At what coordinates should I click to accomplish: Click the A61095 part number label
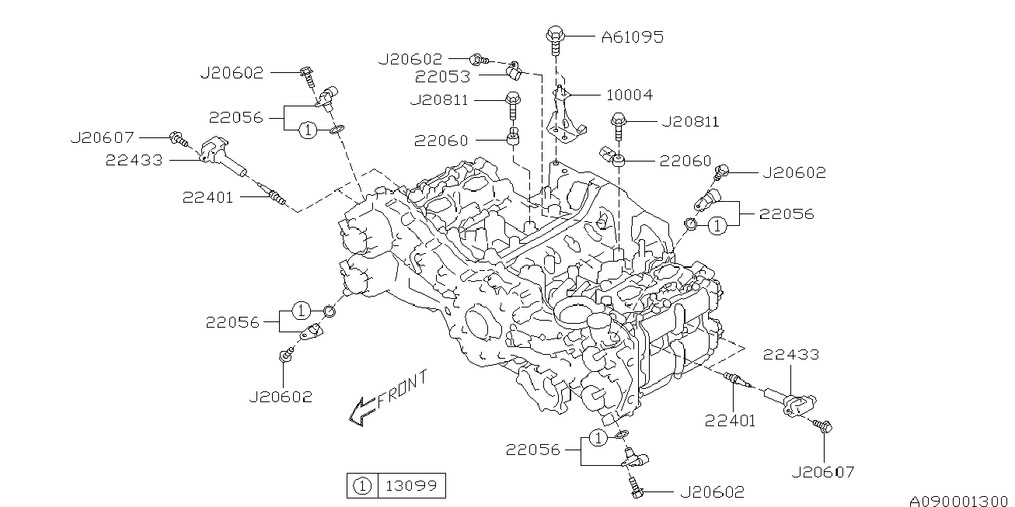click(632, 36)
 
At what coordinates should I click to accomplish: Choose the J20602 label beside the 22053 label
click(410, 59)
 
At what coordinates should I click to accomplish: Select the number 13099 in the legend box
click(412, 487)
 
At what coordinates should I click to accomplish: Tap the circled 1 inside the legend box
click(362, 487)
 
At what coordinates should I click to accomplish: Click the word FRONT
click(402, 389)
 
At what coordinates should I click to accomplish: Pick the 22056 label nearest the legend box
click(533, 450)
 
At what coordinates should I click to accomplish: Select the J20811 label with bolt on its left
click(689, 121)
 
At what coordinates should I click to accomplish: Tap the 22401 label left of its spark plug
click(208, 197)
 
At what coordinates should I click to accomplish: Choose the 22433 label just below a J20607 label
click(135, 161)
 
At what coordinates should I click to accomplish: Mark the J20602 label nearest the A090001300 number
click(712, 491)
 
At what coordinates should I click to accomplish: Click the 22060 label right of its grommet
click(685, 161)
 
